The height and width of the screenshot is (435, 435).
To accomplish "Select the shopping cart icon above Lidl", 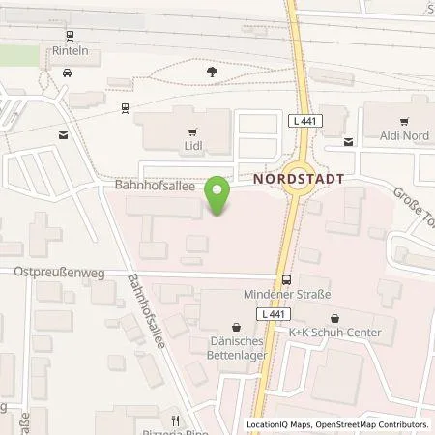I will [191, 132].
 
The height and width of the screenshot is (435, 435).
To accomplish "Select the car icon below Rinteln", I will [67, 72].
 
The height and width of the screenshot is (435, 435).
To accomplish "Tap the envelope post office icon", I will [64, 135].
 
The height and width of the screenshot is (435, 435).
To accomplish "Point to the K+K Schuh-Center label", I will [334, 333].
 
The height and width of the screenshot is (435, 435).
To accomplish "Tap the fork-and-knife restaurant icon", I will [175, 420].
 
